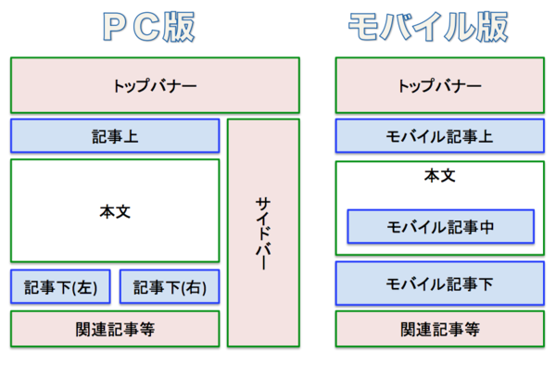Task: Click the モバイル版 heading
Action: (427, 27)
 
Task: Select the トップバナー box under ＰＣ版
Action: (155, 85)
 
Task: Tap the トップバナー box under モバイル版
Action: (439, 85)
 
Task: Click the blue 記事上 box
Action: (115, 136)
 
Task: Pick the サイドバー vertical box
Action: (263, 233)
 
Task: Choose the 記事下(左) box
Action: (60, 286)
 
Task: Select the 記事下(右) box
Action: (170, 286)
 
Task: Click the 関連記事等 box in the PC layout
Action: (115, 328)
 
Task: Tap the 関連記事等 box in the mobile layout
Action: (439, 328)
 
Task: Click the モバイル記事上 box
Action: (439, 136)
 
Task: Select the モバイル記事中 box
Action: (440, 225)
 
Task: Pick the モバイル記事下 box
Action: (439, 283)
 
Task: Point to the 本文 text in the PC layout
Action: (115, 211)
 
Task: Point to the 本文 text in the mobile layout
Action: (439, 175)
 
